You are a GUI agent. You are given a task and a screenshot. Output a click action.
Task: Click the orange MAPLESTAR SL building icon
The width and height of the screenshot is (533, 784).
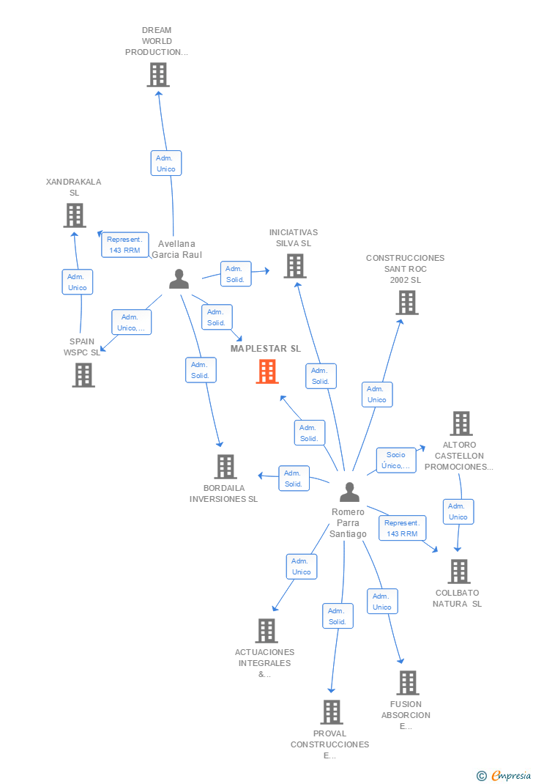267,371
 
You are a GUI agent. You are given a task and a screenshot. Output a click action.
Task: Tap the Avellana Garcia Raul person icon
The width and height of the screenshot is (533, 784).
179,279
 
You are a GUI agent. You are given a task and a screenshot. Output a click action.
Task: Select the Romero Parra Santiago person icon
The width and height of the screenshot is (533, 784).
350,492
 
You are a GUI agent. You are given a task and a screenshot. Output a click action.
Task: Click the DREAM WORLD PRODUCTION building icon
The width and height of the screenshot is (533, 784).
158,75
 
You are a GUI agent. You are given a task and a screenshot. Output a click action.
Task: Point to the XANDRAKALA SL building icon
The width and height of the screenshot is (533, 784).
75,215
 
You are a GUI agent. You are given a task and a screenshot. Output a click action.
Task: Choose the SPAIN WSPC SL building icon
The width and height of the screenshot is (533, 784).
83,375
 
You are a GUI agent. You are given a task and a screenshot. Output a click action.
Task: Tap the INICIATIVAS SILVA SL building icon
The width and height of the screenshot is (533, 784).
295,266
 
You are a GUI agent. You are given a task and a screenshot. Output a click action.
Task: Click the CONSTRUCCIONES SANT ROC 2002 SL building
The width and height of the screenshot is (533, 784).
407,303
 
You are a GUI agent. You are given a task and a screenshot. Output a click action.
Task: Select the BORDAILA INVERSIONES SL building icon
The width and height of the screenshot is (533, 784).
225,467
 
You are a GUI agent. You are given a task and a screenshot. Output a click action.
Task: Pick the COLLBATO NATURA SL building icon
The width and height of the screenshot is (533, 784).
459,572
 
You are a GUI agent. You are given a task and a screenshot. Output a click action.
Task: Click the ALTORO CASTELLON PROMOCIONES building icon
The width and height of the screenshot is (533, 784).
461,424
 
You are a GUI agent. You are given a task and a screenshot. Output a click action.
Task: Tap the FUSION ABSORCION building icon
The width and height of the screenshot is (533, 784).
408,683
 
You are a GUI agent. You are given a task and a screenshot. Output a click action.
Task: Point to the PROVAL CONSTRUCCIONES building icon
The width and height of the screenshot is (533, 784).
332,712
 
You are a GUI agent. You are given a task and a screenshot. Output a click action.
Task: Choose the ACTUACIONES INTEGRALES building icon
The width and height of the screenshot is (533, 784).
266,631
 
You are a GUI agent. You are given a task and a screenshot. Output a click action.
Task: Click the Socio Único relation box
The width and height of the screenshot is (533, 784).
396,460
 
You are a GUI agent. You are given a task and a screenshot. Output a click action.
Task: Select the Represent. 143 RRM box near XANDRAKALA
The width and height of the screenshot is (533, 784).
125,245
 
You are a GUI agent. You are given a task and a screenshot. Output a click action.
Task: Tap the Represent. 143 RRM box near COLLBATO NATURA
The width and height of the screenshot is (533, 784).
403,528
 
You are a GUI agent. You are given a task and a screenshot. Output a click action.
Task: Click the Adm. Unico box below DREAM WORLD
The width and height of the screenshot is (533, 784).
166,163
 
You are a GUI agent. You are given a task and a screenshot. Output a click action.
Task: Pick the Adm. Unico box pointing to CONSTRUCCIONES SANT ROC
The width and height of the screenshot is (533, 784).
377,394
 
